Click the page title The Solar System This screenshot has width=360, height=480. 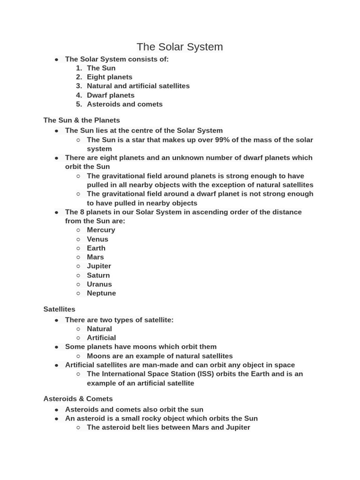coord(180,47)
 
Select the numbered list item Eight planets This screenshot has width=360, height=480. coord(109,77)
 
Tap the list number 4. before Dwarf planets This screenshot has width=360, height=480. coord(79,95)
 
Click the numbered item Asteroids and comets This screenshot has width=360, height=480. coord(124,104)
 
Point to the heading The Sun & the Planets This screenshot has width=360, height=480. coord(82,120)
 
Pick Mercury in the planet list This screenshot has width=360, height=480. coord(101,230)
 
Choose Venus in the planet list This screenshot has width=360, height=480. coord(97,239)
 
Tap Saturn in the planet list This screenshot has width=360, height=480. coord(98,275)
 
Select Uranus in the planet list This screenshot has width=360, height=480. coord(99,284)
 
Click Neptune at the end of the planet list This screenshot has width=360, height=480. coord(101,293)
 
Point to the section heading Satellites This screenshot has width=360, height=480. coord(59,309)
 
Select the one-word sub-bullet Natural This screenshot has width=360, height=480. coord(99,329)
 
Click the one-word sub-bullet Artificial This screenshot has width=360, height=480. coord(101,337)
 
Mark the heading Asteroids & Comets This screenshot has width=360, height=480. coord(78,399)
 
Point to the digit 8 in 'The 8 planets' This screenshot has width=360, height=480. coord(82,212)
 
